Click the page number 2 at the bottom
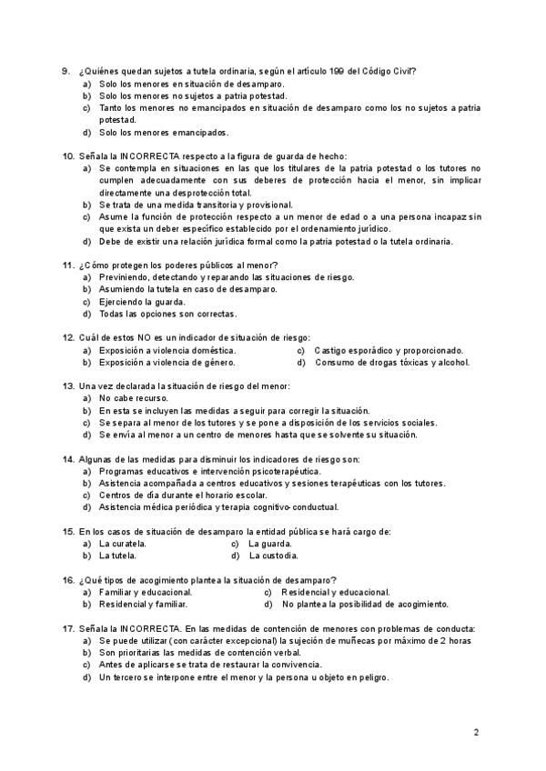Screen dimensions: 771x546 (x=477, y=731)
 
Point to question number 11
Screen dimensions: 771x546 (x=67, y=265)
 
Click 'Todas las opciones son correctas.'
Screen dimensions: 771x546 (x=168, y=314)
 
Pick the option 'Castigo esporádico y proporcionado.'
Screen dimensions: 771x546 (x=389, y=350)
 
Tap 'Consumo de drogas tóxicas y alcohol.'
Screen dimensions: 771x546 (x=392, y=362)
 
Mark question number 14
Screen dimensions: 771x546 (x=67, y=459)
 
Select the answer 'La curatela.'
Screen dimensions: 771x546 (x=123, y=544)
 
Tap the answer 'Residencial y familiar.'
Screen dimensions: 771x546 (x=144, y=604)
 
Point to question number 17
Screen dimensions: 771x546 (x=67, y=628)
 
